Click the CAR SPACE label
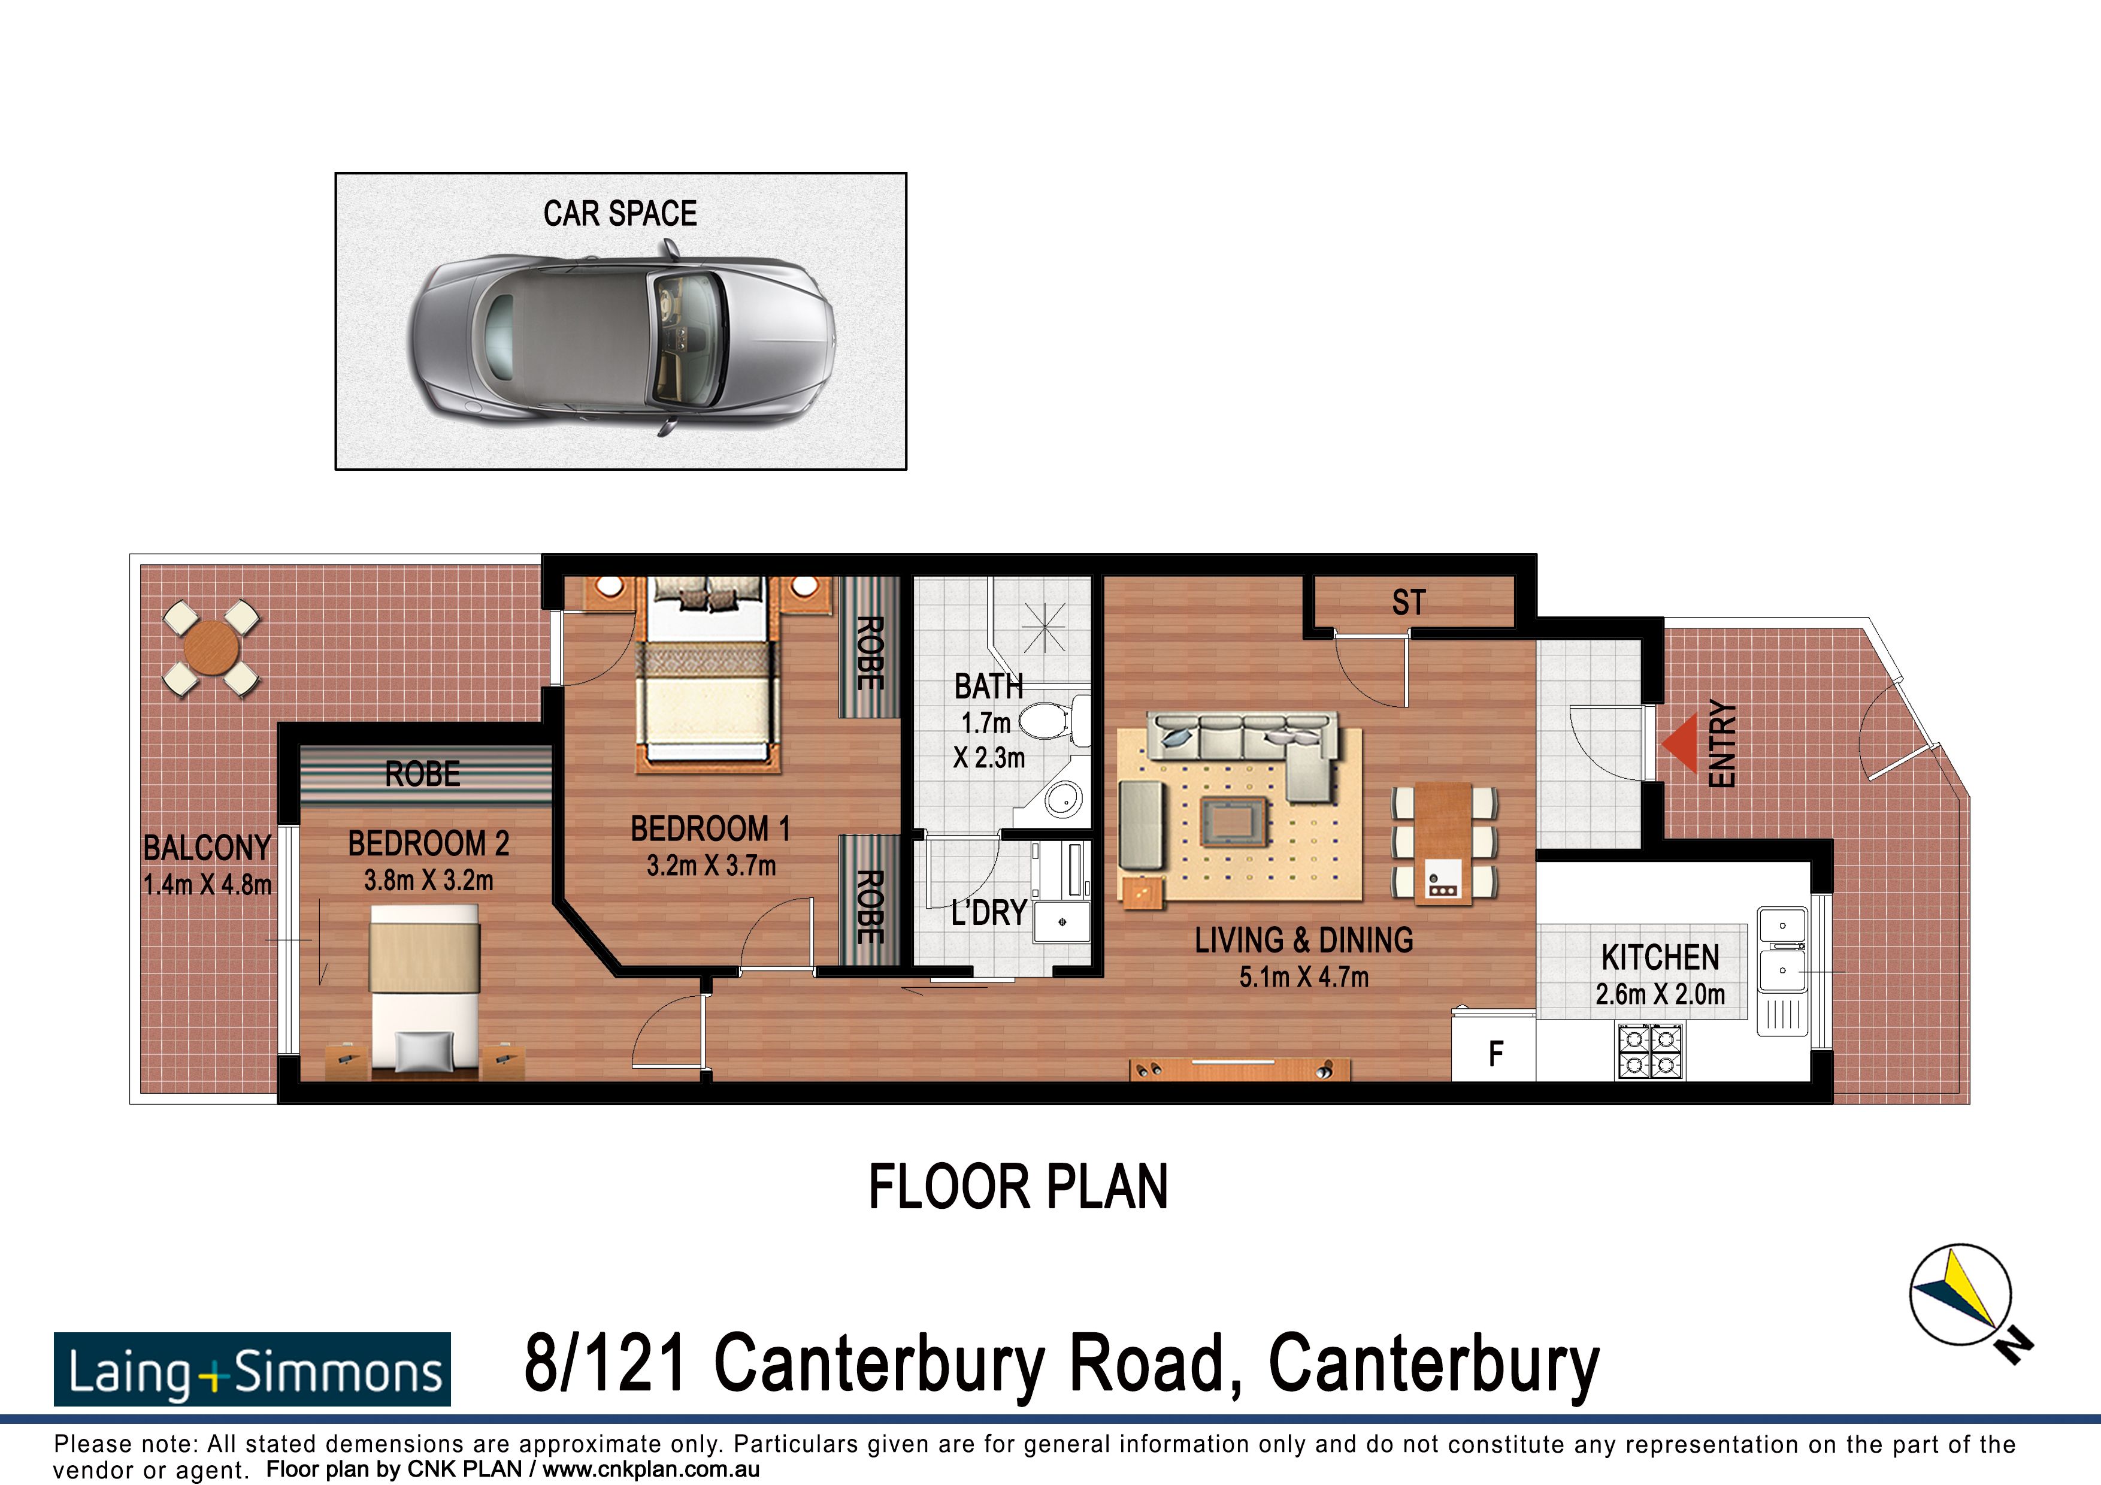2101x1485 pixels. coord(619,213)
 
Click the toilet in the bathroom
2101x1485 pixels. coord(1048,720)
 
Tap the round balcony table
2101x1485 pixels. coord(211,648)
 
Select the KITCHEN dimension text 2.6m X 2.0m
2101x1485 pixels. coord(1660,994)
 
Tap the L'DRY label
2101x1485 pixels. coord(988,913)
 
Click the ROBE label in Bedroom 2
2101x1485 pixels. coord(422,774)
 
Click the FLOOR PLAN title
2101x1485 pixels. coord(1018,1188)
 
